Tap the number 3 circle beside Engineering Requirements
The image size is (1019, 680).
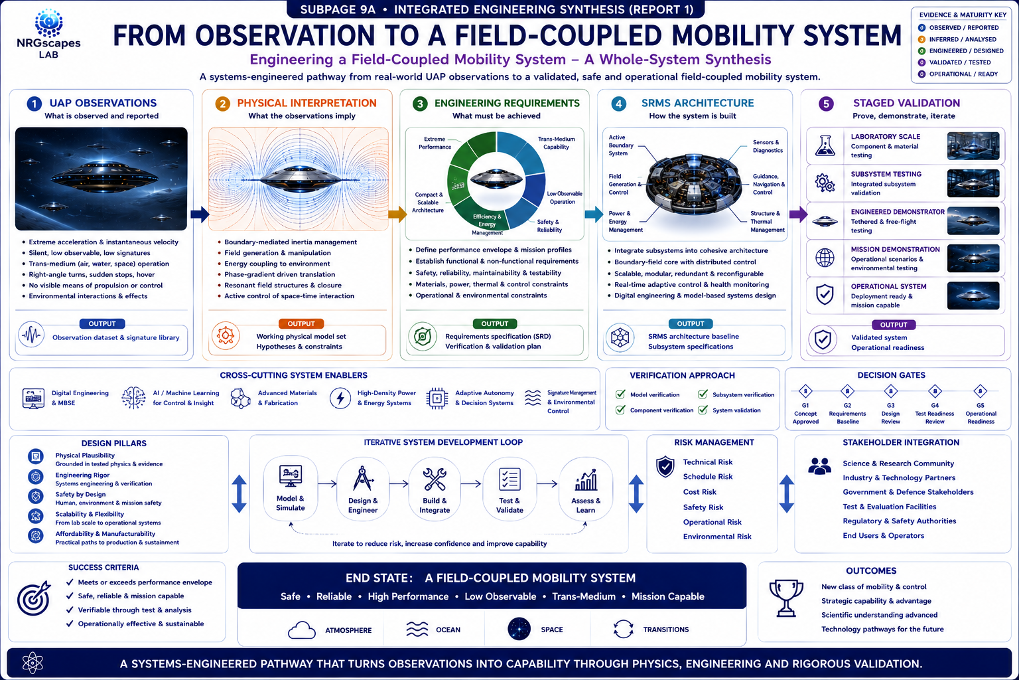420,104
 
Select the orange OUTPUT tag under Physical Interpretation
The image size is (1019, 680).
301,323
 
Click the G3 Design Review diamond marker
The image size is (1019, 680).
890,390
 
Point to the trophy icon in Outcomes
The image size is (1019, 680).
786,598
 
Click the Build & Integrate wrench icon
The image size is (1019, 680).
435,479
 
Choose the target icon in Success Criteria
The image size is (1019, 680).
34,598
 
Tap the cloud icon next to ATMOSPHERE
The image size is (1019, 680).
302,630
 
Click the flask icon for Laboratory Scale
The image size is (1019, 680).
825,145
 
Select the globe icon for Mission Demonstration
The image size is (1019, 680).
825,258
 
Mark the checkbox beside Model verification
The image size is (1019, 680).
620,394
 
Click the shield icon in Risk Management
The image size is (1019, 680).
665,467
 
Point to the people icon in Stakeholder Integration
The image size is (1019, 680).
820,466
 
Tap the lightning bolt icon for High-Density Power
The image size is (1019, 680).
340,398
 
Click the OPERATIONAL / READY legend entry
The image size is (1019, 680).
958,74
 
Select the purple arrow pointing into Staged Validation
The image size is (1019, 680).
798,214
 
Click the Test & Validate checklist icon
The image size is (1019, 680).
509,479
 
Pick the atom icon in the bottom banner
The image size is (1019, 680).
33,663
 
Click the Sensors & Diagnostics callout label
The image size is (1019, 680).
768,146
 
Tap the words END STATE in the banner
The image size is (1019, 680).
379,578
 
